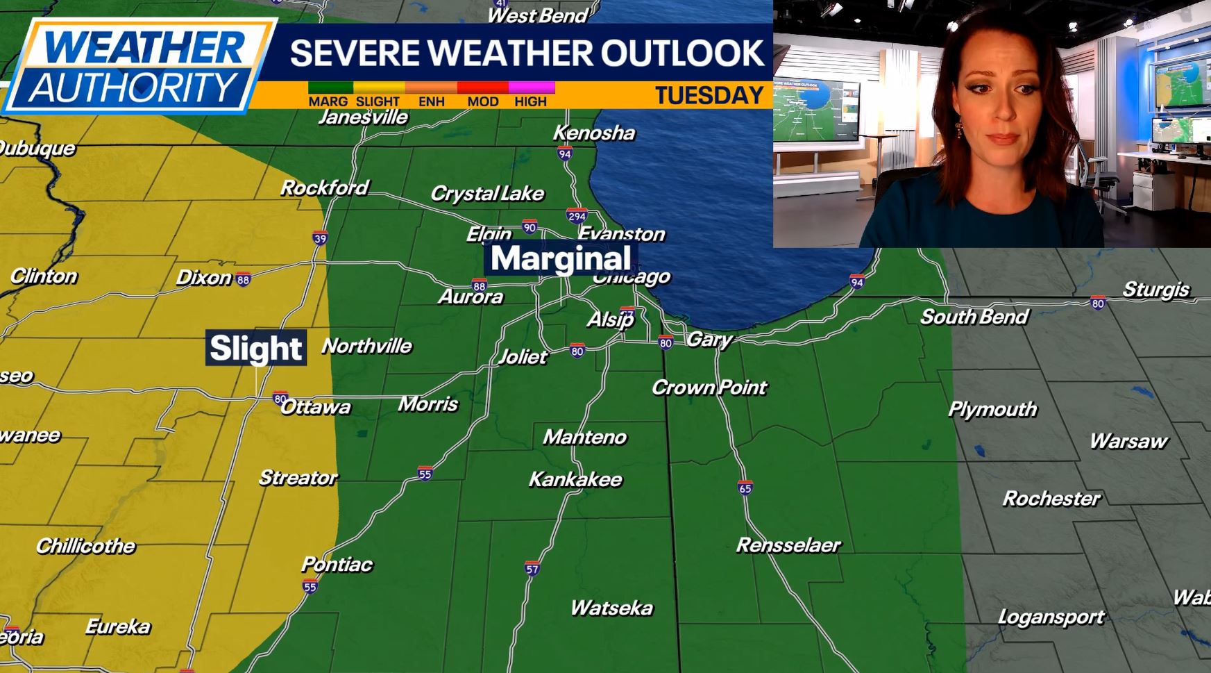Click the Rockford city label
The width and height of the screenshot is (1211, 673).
click(x=324, y=188)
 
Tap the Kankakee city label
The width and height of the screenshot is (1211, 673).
click(x=575, y=479)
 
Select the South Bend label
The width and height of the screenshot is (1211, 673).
click(x=974, y=317)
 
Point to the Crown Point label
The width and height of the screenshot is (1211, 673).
click(x=709, y=387)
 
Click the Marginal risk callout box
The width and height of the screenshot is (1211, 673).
click(x=561, y=258)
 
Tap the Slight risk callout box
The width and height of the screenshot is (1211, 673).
click(x=256, y=348)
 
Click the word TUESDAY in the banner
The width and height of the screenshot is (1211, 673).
click(x=709, y=95)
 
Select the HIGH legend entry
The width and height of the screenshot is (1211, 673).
click(x=531, y=101)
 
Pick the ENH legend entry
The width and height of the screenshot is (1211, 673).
click(x=431, y=101)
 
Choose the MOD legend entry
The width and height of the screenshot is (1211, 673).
click(x=482, y=101)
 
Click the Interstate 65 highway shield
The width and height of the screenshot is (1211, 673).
click(x=745, y=488)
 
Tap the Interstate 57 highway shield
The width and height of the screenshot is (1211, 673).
click(x=532, y=569)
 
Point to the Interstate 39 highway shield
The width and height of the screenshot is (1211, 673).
click(x=320, y=239)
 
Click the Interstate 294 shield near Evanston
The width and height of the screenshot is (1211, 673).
click(x=577, y=216)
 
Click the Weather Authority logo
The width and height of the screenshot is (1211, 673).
click(x=139, y=66)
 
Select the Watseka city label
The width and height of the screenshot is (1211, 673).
click(x=611, y=608)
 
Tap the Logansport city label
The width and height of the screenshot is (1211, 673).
click(x=1051, y=617)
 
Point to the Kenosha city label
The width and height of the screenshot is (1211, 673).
click(x=594, y=133)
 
